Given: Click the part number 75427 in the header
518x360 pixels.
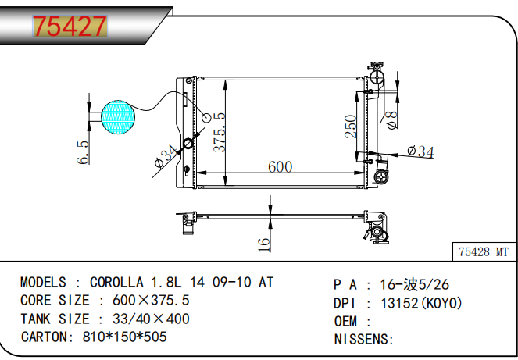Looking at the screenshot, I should click(x=69, y=27).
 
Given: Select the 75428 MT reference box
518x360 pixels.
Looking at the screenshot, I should click(x=484, y=252).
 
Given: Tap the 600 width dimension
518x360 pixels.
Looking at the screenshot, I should click(x=280, y=166).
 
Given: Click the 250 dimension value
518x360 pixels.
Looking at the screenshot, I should click(x=351, y=127).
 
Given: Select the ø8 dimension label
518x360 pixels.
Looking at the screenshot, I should click(x=392, y=118).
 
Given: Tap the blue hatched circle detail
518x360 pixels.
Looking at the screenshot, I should click(x=118, y=116).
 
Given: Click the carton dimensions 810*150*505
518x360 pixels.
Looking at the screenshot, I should click(x=124, y=337).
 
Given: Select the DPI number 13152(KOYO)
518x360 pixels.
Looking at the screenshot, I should click(x=421, y=303).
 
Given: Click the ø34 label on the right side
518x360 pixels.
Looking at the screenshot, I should click(x=420, y=151).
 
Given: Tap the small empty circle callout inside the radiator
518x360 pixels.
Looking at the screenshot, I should click(x=207, y=117).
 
